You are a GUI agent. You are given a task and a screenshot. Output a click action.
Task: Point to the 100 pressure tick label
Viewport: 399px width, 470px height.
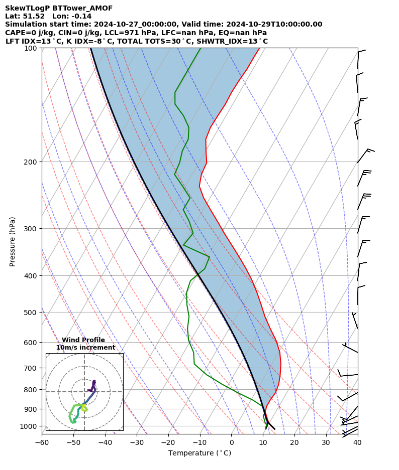tap(32, 48)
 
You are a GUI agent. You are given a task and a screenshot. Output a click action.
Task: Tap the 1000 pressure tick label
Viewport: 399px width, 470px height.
tap(30, 426)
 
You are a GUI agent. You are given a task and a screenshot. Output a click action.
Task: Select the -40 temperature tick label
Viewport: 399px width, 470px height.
tap(105, 442)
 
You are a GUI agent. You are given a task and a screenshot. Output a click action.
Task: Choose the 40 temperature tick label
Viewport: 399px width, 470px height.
tap(357, 442)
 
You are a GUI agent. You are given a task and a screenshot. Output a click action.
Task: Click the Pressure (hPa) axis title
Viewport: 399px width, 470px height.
tap(13, 241)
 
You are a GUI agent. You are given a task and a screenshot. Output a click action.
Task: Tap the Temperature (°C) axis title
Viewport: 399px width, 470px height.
tap(199, 453)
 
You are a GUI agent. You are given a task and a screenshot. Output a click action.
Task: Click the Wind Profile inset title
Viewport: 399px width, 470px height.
tap(83, 340)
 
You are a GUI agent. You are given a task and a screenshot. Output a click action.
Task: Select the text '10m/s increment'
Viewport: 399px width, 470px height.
tap(85, 348)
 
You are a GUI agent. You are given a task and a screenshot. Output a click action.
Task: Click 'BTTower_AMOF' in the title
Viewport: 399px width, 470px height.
tap(82, 9)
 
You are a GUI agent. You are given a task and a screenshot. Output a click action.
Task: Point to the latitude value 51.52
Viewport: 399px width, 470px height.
tap(34, 17)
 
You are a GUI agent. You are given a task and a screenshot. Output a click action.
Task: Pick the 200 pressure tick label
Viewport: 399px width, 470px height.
tap(32, 162)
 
